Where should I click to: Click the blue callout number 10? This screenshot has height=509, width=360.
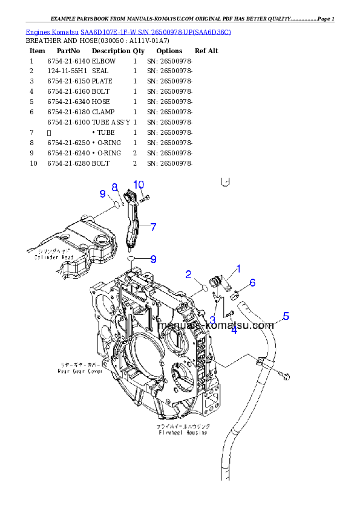pos(139,184)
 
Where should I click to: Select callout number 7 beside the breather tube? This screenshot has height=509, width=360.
pos(154,227)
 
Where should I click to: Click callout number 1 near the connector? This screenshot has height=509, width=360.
pos(238,268)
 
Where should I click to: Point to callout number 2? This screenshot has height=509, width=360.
pos(189,274)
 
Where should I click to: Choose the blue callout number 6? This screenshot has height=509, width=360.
pos(252,282)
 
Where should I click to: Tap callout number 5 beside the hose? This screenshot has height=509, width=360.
pos(286,316)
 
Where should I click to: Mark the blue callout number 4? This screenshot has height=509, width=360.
pos(234,329)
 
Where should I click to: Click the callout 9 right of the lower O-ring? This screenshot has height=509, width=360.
pos(153,259)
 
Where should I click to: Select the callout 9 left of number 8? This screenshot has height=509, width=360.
pos(103,194)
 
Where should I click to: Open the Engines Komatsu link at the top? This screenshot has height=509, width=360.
pos(128,31)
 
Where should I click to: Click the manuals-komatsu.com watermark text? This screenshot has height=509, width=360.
pos(215,326)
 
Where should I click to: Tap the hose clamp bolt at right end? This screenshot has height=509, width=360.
pos(286,377)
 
